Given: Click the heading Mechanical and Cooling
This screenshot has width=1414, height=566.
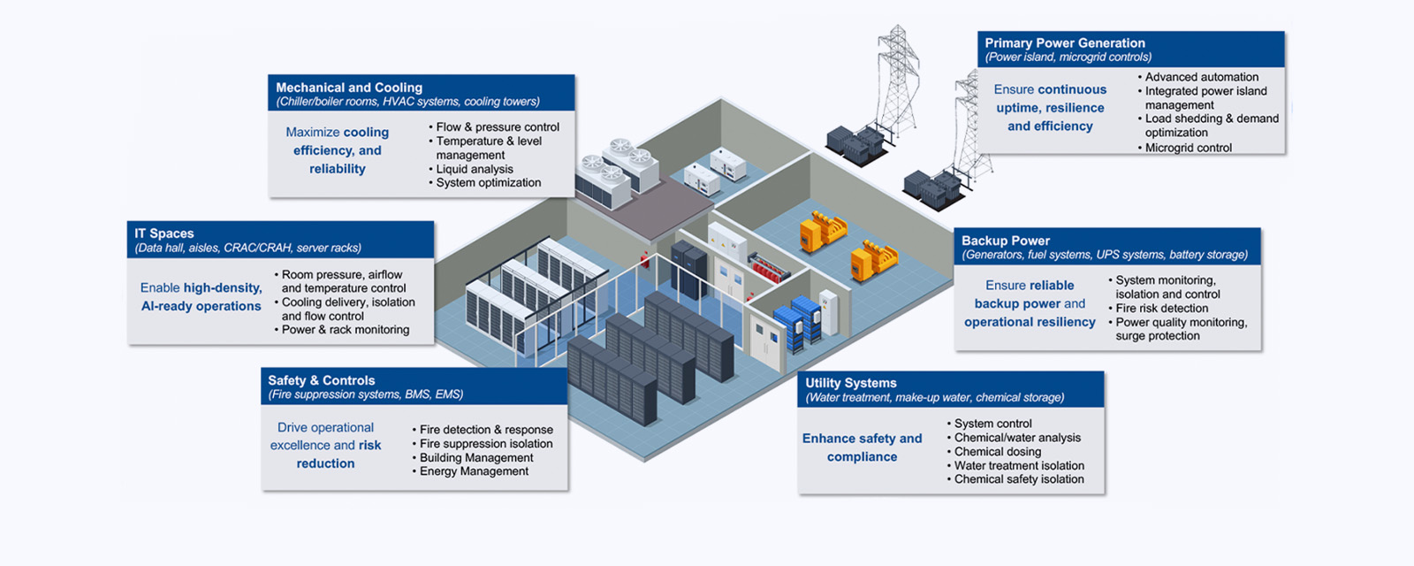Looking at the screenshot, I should click(x=349, y=88).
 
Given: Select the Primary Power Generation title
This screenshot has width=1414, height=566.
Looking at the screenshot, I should click(x=1065, y=42).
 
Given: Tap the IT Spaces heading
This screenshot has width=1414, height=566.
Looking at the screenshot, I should click(x=164, y=233).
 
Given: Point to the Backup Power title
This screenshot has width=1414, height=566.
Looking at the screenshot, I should click(x=1006, y=241).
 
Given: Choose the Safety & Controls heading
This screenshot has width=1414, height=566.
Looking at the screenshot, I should click(x=322, y=380).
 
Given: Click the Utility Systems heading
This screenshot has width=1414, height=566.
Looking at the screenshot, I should click(x=851, y=383).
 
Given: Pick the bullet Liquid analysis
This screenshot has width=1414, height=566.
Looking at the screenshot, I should click(x=475, y=169).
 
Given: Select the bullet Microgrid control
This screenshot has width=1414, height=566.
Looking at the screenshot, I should click(x=1188, y=148).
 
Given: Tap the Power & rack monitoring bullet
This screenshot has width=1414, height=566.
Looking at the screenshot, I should click(x=346, y=330).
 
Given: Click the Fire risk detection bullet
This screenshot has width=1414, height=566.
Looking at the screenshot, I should click(x=1161, y=309).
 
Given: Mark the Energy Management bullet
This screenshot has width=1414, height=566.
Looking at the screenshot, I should click(x=474, y=471).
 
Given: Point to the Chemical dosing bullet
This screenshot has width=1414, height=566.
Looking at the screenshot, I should click(x=998, y=452).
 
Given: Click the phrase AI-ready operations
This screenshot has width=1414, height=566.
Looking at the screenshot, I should click(x=201, y=306).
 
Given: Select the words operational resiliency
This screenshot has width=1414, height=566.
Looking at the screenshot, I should click(x=1030, y=322).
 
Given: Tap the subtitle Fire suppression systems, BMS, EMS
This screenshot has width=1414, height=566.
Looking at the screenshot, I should click(x=366, y=394).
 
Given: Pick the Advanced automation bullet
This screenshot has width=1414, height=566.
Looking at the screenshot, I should click(x=1202, y=77).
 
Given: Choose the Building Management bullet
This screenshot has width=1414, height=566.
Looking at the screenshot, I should click(x=476, y=458).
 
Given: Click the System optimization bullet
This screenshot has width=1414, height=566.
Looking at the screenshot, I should click(x=488, y=183).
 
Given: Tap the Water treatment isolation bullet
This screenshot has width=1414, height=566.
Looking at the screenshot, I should click(x=1019, y=466).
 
